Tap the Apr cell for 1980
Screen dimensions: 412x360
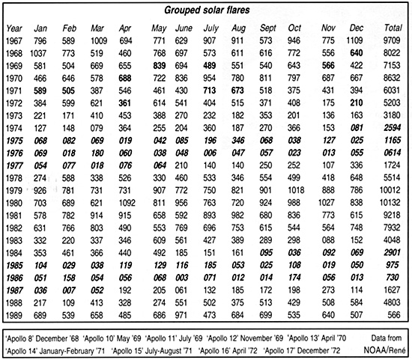coord(125,202)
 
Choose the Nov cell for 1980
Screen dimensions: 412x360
coord(324,202)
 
